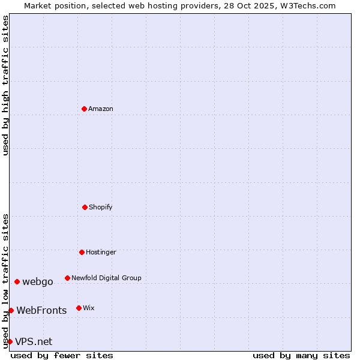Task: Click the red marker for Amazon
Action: (84, 109)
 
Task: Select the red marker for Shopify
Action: (85, 207)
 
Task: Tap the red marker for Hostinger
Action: (82, 252)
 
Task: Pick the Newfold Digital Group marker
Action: (67, 278)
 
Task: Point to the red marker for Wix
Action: (79, 308)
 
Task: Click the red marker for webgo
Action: (17, 281)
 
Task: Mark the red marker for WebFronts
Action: (11, 310)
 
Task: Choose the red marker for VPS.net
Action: (10, 341)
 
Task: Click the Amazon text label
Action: (101, 109)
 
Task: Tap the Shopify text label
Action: (101, 207)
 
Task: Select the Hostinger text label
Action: (101, 252)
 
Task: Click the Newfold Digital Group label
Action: (106, 278)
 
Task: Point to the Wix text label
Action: (89, 308)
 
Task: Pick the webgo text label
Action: (38, 281)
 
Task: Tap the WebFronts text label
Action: (41, 310)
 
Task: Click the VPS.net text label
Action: (34, 341)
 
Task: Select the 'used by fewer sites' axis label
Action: (62, 355)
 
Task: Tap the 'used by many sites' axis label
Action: (301, 355)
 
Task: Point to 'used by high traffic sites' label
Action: (5, 85)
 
